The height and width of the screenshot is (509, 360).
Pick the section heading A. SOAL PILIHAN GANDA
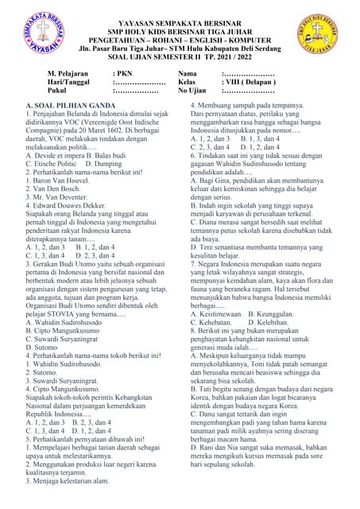(x=70, y=105)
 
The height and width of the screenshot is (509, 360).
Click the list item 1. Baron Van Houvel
(x=64, y=181)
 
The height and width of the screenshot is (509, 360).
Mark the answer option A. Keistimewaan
(x=219, y=313)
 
